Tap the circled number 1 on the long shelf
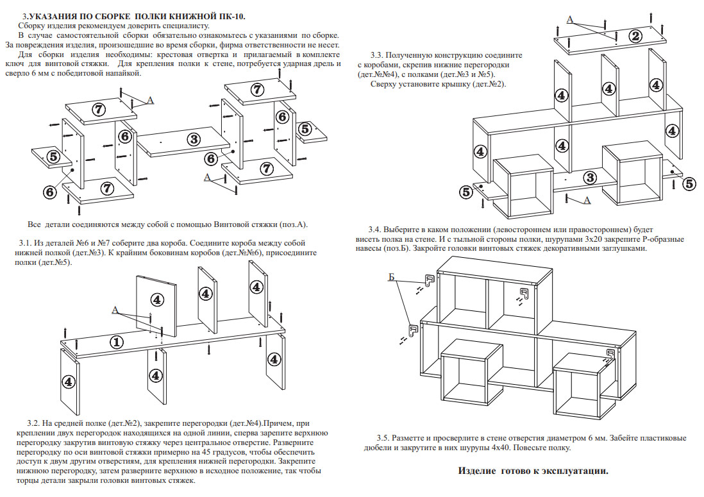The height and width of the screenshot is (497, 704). [x=116, y=342]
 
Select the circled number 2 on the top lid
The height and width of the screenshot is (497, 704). [x=635, y=36]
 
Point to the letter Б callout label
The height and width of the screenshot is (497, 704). [x=391, y=277]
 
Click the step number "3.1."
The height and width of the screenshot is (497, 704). [x=26, y=243]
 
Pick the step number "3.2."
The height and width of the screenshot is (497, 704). [x=34, y=423]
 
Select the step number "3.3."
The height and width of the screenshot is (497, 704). [x=378, y=55]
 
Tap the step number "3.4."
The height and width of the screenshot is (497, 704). [x=376, y=229]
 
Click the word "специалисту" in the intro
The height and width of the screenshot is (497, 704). [x=184, y=25]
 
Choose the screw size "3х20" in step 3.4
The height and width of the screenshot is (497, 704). [x=596, y=239]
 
